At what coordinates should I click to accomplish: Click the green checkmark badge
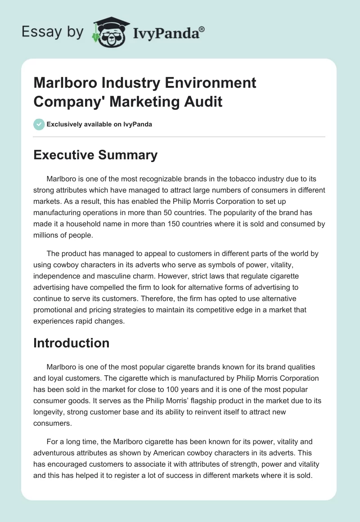(x=39, y=124)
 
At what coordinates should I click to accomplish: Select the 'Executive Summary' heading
(x=95, y=155)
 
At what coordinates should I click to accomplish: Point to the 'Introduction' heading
(x=72, y=343)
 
